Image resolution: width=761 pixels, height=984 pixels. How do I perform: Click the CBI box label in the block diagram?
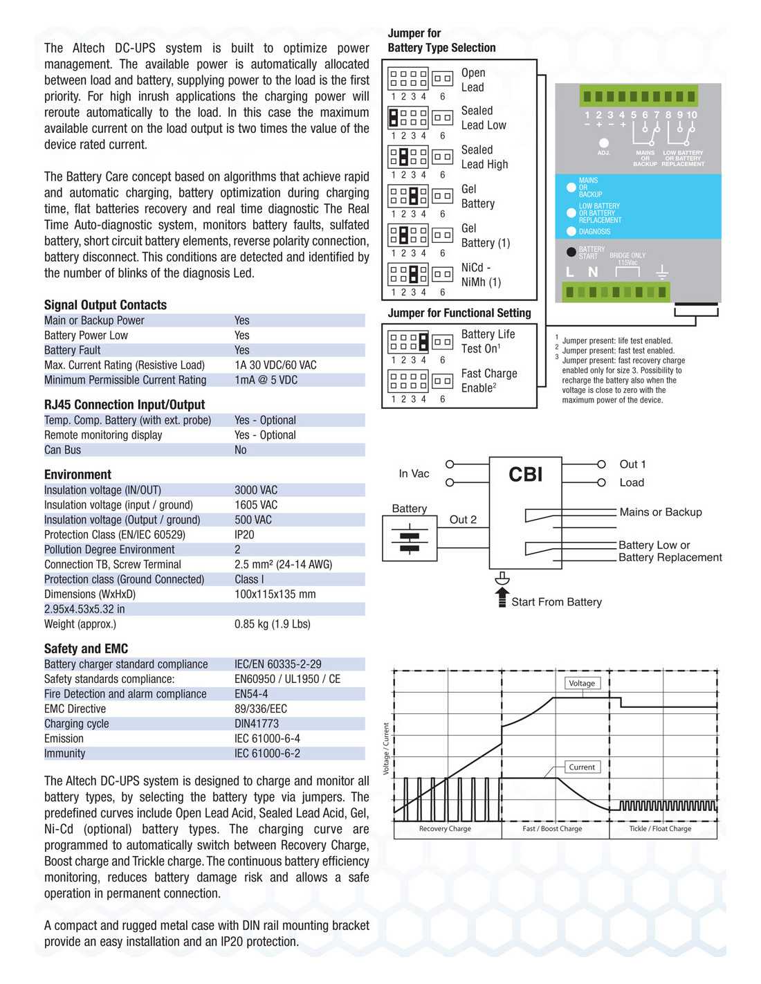coord(525,475)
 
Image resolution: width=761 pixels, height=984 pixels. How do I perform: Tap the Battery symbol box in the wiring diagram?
coord(410,538)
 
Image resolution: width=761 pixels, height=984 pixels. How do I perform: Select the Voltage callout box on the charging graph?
coord(582,683)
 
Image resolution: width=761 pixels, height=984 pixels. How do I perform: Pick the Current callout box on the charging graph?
coord(582,767)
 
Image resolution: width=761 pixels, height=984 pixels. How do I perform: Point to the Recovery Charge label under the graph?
coord(445,828)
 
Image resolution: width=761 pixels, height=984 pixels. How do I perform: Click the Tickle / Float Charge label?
coord(660,828)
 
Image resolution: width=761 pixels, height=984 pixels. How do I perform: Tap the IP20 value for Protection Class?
coord(244,535)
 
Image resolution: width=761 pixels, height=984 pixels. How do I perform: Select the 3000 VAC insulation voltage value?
coord(256,490)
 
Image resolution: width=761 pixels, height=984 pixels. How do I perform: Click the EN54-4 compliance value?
coord(251,694)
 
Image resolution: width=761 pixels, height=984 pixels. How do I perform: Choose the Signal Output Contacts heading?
coord(105,305)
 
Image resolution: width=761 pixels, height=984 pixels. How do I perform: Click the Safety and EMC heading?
coord(86,649)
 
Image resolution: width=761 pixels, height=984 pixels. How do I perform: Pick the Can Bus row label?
coord(62,450)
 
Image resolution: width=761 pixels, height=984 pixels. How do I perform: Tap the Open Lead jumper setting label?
coord(473,80)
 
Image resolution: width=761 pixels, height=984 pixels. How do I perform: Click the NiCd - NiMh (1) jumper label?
coord(481,275)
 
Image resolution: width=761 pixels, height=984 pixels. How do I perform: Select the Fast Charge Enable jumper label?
coord(488,381)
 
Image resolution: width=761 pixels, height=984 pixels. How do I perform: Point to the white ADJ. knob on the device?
coord(603,143)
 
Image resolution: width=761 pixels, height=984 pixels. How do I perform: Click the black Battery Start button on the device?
coord(571,253)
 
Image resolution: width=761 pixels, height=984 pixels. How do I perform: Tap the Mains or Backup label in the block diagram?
coord(660,512)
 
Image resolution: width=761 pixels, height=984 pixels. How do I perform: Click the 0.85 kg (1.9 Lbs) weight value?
coord(272,624)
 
